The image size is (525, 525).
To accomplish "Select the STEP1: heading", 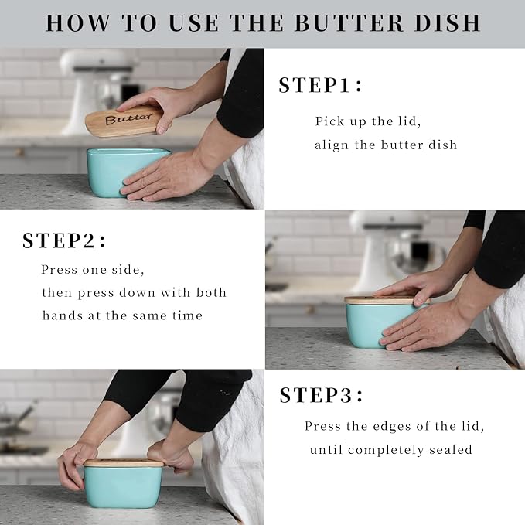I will tap(320, 85).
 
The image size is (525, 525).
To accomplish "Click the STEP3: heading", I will tap(320, 395).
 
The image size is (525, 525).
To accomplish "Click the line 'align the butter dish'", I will tap(385, 145).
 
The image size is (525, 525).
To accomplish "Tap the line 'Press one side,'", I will tap(93, 270).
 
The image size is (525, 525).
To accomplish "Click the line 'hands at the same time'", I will tap(122, 315).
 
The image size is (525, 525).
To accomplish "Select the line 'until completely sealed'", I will tap(390, 449).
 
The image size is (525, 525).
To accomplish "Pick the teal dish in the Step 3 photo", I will tap(123, 486).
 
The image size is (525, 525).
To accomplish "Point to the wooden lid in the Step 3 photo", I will tap(124, 462).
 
